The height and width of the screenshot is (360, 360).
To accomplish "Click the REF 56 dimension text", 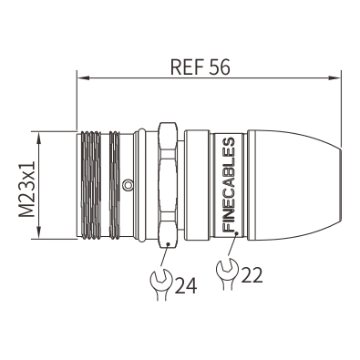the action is (200, 67).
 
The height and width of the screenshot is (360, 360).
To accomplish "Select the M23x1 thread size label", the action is (26, 189).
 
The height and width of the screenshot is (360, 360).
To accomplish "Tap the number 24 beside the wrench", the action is (185, 285).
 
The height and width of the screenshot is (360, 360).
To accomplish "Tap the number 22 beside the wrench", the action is (251, 274).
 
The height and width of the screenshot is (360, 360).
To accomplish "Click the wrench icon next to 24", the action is (161, 283).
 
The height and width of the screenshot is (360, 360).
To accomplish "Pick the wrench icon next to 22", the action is (227, 273).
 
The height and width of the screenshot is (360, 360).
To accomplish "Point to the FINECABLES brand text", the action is (229, 185).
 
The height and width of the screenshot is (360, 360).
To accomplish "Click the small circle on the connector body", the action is (128, 184).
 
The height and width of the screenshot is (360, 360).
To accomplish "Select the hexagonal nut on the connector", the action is (168, 185).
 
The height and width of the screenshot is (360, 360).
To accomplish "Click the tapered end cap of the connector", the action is (293, 185).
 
